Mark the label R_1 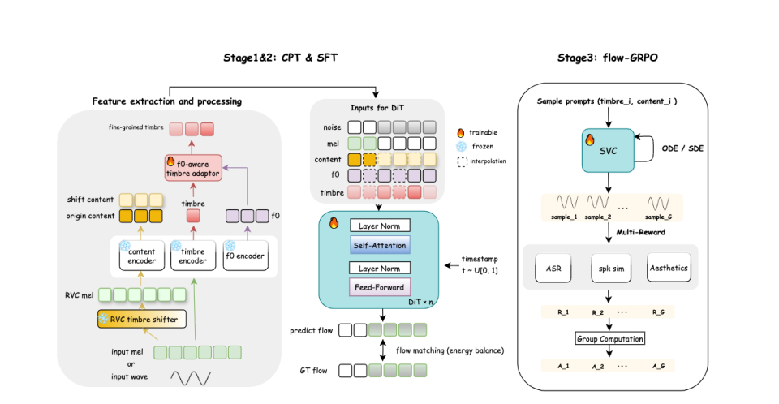point(553,312)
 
